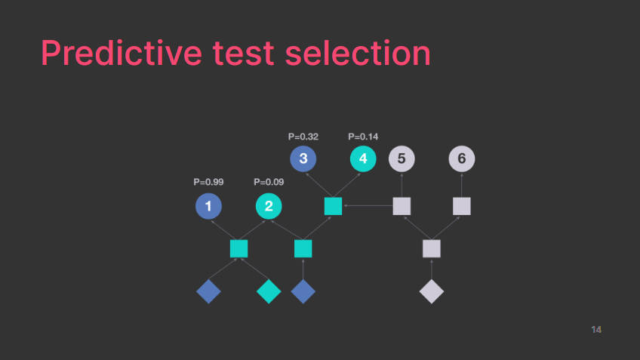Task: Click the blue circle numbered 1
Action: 208,206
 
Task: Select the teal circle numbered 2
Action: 269,206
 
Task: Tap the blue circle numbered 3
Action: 303,158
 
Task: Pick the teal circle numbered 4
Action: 363,158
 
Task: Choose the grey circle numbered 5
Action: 402,158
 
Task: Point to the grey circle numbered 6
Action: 462,158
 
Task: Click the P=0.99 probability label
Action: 208,182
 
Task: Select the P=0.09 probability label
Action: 269,182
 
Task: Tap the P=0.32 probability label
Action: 303,137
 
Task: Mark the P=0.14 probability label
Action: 363,137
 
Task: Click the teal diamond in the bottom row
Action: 269,291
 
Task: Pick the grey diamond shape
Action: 432,291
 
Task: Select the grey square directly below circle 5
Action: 402,206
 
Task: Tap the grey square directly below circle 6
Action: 462,206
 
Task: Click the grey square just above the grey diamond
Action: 432,248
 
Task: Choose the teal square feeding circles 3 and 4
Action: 333,206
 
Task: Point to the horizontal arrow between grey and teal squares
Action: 368,206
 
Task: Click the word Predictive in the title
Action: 122,53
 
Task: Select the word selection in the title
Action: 358,53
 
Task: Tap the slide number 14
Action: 596,329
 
